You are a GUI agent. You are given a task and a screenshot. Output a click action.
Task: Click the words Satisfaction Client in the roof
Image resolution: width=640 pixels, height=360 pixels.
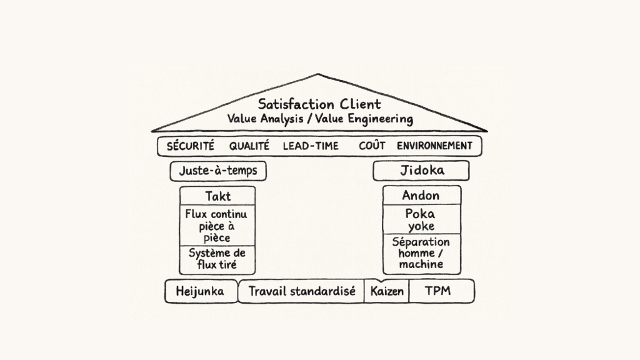[x=319, y=103]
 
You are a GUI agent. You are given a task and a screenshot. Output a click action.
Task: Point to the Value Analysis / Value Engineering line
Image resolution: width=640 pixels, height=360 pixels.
[x=319, y=118]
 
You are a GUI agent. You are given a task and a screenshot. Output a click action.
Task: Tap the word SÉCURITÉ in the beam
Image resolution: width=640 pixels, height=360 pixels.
[x=190, y=146]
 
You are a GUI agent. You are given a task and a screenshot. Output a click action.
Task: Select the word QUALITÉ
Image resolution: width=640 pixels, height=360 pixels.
[x=249, y=146]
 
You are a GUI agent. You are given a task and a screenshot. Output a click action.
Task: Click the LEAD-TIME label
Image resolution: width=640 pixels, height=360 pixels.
[x=311, y=146]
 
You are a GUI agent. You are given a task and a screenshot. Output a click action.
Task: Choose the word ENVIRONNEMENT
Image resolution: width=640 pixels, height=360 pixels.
[x=434, y=146]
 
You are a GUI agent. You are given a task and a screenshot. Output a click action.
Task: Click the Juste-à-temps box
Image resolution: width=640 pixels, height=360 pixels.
[x=217, y=171]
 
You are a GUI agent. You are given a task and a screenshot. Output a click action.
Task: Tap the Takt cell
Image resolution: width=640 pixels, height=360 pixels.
[x=217, y=196]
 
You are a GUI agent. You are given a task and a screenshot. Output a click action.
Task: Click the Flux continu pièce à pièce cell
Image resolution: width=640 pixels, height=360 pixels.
[x=217, y=226]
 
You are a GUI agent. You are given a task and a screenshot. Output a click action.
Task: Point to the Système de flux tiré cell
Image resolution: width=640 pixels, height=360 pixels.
[x=217, y=259]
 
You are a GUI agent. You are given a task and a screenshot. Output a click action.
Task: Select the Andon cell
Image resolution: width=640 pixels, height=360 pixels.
[x=421, y=195]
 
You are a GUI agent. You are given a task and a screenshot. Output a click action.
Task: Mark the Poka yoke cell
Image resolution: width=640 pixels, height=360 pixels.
[x=421, y=219]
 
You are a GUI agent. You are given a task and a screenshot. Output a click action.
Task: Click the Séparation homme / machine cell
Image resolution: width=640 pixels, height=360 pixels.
[x=421, y=253]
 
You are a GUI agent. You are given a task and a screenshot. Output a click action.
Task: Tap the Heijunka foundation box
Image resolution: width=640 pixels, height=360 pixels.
[x=201, y=291]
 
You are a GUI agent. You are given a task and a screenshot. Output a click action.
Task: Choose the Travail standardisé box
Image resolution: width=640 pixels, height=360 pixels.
[x=301, y=291]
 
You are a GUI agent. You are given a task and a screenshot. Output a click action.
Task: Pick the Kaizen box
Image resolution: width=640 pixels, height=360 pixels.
[x=387, y=291]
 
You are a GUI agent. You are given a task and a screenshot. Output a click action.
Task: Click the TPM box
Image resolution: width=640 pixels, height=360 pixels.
[x=440, y=291]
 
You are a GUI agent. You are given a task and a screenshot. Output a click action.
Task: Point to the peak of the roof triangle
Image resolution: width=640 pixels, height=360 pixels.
[x=318, y=74]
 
